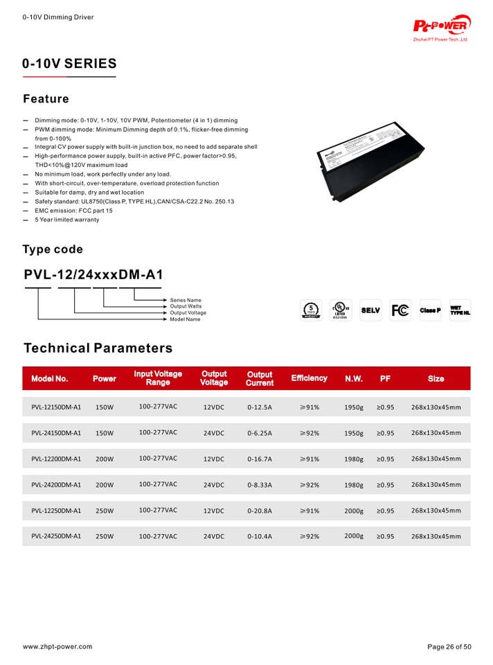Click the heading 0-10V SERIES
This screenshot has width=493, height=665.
pyautogui.click(x=69, y=64)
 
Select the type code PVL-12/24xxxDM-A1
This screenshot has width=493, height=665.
pyautogui.click(x=93, y=274)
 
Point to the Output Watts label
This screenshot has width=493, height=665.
pyautogui.click(x=186, y=306)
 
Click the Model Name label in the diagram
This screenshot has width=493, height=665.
pyautogui.click(x=185, y=319)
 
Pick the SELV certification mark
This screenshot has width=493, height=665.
pyautogui.click(x=370, y=310)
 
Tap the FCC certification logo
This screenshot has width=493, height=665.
pyautogui.click(x=400, y=310)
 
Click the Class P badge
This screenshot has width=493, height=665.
pyautogui.click(x=430, y=310)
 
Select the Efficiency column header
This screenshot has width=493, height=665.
pyautogui.click(x=309, y=378)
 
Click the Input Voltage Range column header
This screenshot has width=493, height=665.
pyautogui.click(x=158, y=378)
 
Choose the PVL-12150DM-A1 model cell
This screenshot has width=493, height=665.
pyautogui.click(x=56, y=407)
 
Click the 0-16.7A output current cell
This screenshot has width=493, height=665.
pyautogui.click(x=260, y=459)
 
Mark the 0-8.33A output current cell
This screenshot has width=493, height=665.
pyautogui.click(x=260, y=485)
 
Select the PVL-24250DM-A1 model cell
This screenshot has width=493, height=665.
pyautogui.click(x=56, y=536)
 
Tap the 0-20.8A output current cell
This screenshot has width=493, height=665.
pyautogui.click(x=260, y=511)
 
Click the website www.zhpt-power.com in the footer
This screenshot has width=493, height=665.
pyautogui.click(x=57, y=646)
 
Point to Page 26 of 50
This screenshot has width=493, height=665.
pyautogui.click(x=449, y=646)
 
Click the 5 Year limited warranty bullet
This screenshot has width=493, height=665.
pyautogui.click(x=67, y=220)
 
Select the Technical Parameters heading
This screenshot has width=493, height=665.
pyautogui.click(x=98, y=348)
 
